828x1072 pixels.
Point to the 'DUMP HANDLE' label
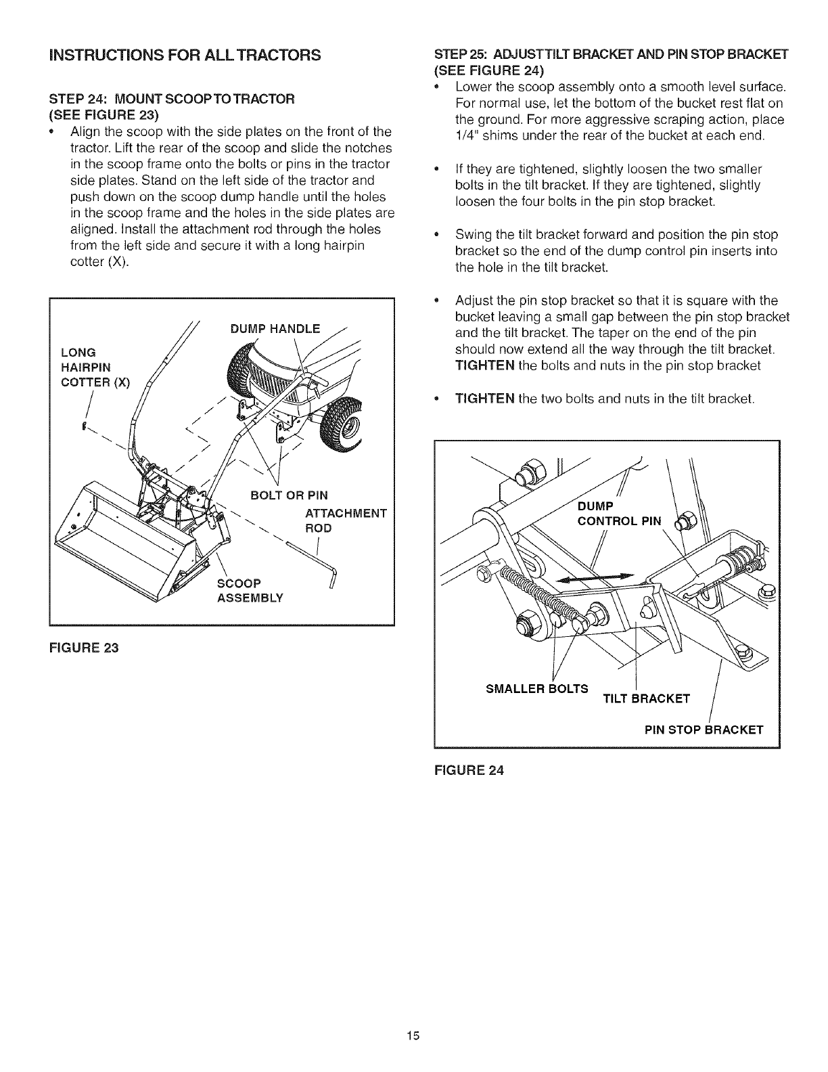pos(275,330)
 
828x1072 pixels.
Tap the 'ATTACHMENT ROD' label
pos(344,520)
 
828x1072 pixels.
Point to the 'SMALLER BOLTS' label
pos(537,689)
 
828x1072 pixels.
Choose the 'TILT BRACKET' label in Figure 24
pos(646,698)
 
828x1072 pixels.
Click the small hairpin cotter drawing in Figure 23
pos(83,426)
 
